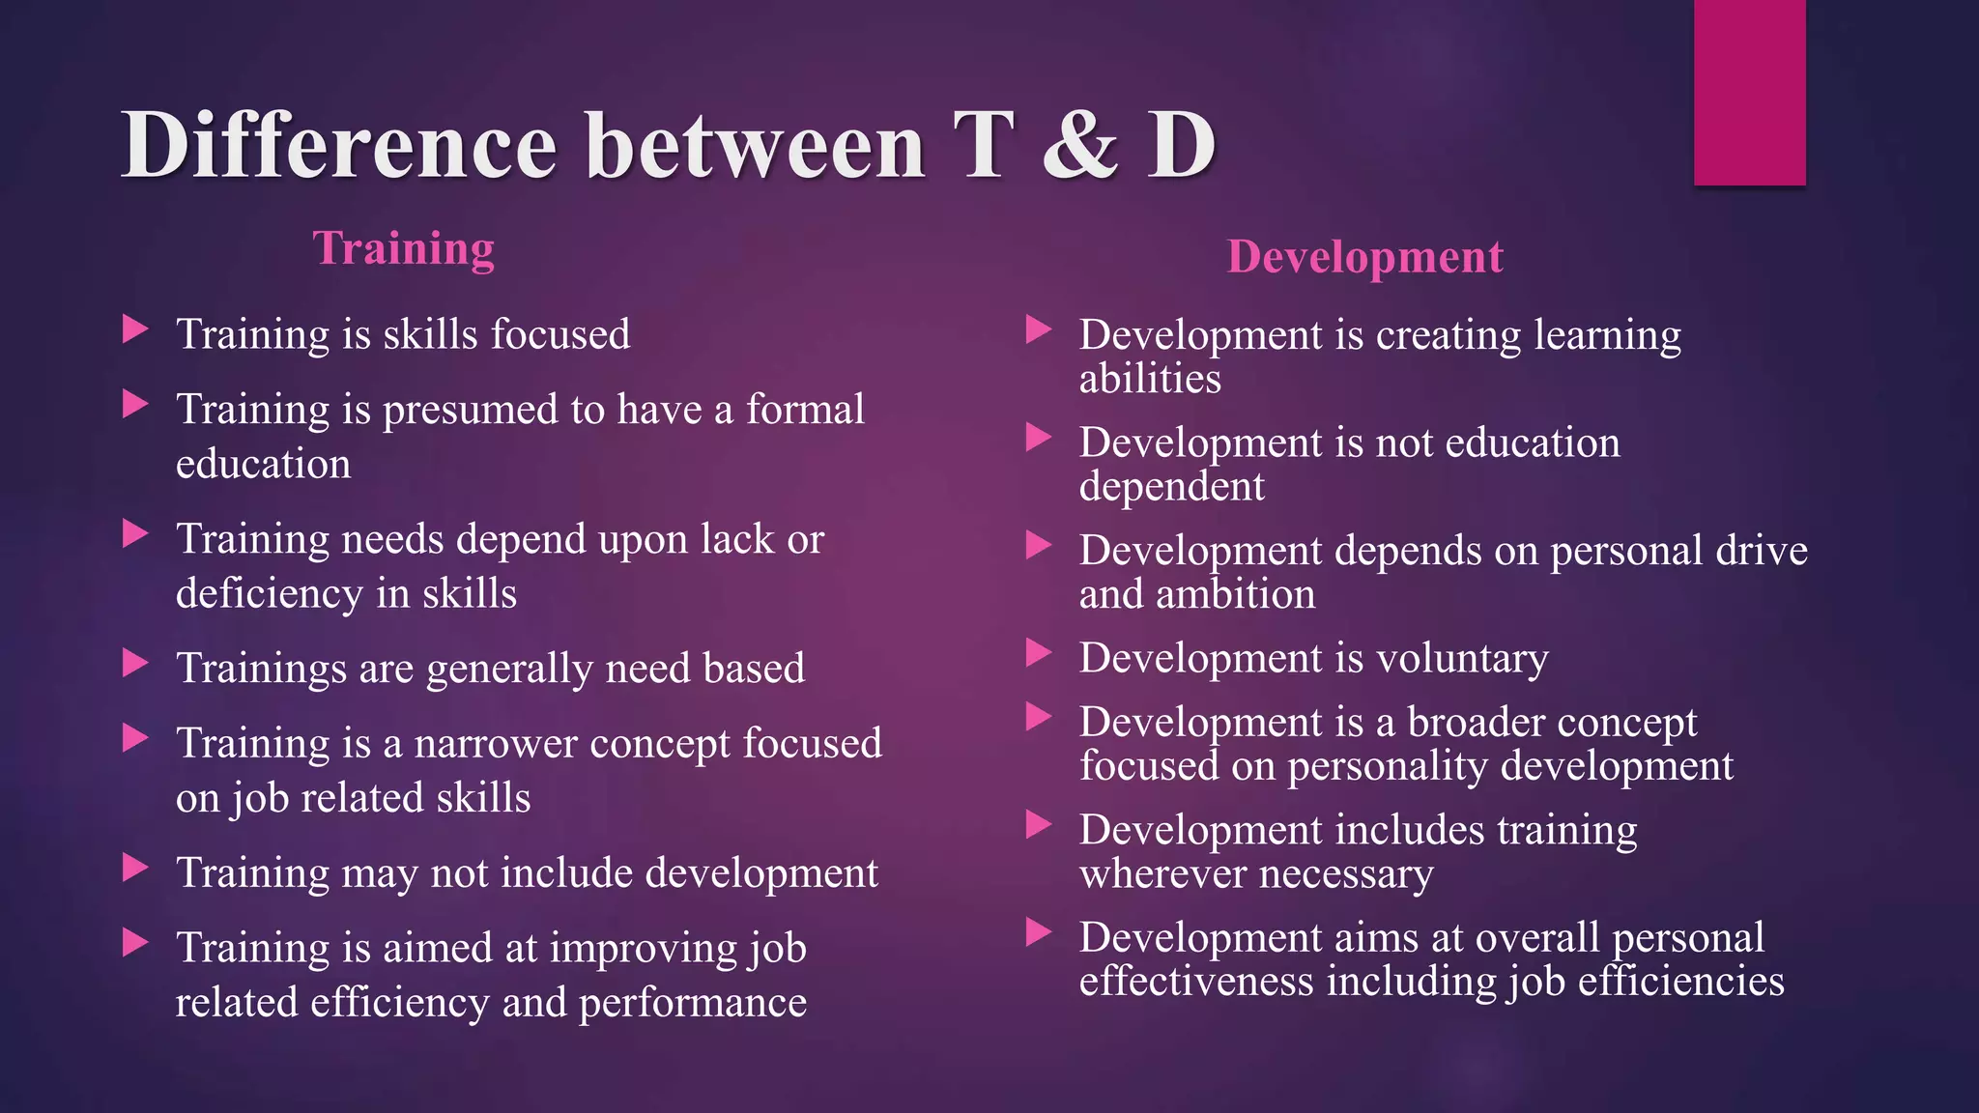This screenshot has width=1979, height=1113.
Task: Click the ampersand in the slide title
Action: coord(1079,147)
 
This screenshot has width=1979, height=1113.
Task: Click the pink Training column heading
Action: coord(403,248)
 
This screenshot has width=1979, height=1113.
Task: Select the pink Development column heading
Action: coord(1364,257)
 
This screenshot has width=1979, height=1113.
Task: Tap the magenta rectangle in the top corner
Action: coord(1749,92)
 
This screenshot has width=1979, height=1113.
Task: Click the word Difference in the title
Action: coord(339,147)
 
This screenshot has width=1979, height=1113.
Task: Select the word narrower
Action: coord(495,744)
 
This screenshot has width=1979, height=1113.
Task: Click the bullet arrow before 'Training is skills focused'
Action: coord(135,329)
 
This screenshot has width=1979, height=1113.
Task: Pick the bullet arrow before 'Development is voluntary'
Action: coord(1038,653)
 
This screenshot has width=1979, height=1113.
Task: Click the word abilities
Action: coord(1150,379)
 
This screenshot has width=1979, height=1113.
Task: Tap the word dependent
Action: coord(1171,486)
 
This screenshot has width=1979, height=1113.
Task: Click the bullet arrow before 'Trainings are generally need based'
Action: coord(135,664)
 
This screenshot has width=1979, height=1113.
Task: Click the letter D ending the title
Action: coord(1181,147)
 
